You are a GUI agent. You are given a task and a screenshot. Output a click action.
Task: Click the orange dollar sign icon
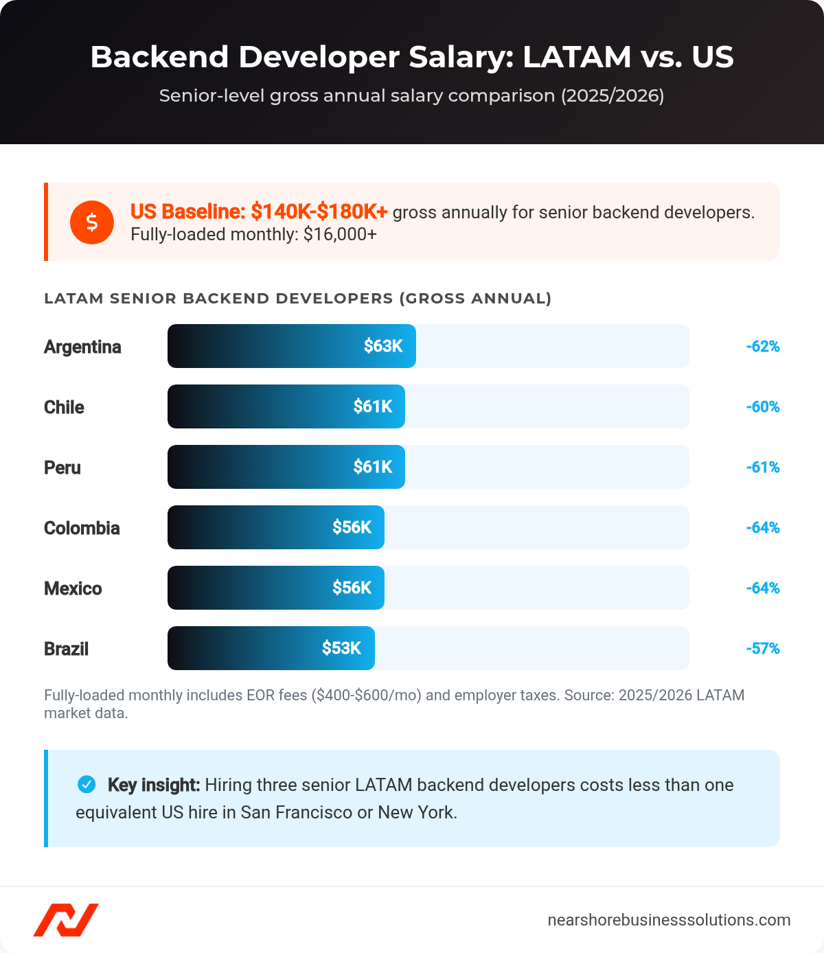(91, 222)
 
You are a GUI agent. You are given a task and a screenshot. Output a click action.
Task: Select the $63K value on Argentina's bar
(382, 346)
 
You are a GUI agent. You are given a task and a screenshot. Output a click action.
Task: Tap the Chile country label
(64, 407)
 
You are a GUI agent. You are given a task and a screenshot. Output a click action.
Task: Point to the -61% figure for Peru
(762, 468)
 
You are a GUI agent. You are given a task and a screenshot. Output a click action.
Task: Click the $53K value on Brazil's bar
(341, 648)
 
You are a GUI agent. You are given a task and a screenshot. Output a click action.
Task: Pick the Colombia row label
(82, 528)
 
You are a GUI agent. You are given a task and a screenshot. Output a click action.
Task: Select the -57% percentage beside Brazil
(762, 649)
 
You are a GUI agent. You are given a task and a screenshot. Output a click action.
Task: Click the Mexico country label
(73, 588)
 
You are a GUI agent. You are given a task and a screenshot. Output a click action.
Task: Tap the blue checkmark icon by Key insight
(87, 783)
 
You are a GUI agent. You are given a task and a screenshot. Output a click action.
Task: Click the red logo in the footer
(66, 919)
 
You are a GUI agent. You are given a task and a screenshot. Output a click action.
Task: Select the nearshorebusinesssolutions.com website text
(668, 920)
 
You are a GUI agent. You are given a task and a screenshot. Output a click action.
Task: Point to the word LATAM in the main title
(576, 57)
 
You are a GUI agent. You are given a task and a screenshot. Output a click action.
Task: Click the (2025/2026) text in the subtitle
(613, 95)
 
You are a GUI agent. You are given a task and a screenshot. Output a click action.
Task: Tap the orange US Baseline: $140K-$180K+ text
(259, 211)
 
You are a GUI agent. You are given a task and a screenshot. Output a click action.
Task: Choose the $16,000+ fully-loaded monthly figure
(340, 234)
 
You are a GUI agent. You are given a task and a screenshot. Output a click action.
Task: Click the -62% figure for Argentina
(762, 347)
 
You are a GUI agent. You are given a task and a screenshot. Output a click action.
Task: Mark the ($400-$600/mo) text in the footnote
(366, 696)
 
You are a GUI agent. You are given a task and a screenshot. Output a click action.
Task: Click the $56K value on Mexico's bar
(352, 588)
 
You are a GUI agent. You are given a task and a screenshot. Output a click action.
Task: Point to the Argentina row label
(82, 347)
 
